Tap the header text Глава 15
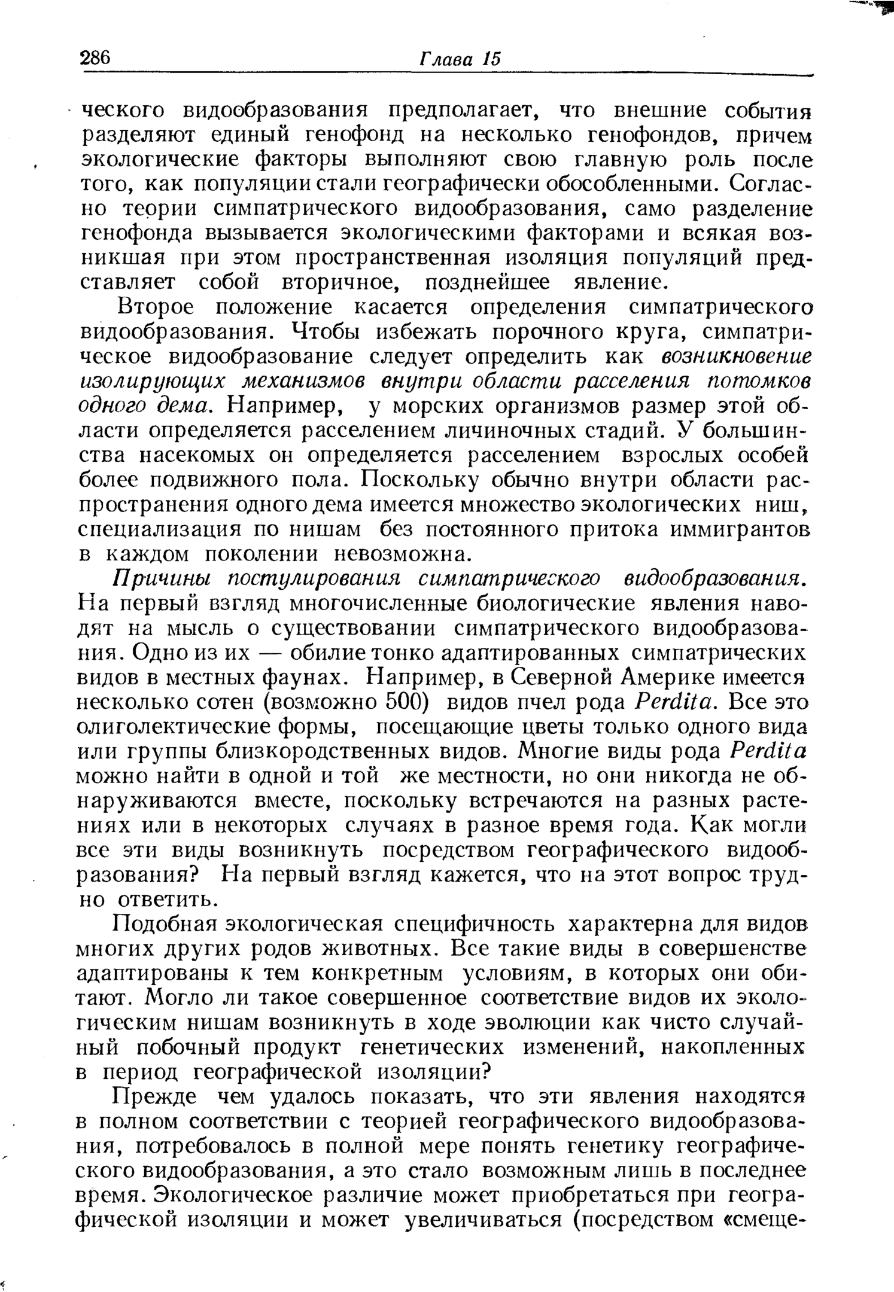coord(460,59)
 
